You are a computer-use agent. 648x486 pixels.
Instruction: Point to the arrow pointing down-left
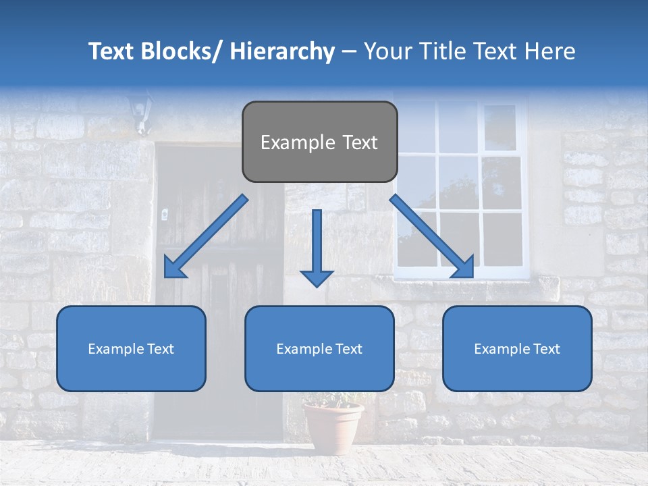[206, 237]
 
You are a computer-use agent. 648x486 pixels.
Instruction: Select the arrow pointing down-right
[432, 237]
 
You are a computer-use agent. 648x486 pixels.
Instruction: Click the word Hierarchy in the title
[282, 51]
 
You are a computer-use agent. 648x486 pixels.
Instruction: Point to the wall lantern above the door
[140, 111]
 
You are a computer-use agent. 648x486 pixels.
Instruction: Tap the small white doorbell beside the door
[164, 215]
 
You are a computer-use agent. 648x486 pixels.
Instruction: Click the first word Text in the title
[113, 51]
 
